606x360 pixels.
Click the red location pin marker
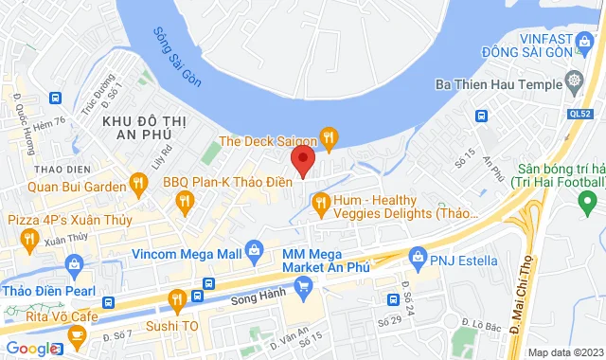pyautogui.click(x=302, y=160)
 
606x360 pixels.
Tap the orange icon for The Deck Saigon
pyautogui.click(x=328, y=139)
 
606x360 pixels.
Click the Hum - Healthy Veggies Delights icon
pyautogui.click(x=321, y=201)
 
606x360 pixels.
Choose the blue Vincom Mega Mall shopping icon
pyautogui.click(x=254, y=251)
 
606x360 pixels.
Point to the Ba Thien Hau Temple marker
pyautogui.click(x=574, y=79)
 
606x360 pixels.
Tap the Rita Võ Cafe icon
pyautogui.click(x=78, y=333)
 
